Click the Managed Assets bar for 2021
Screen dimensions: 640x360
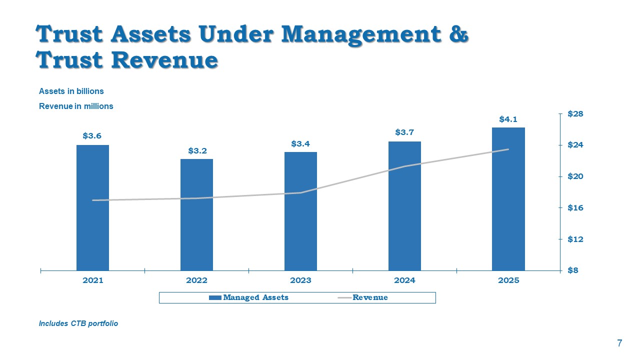point(92,207)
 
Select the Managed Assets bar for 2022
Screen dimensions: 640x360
point(196,215)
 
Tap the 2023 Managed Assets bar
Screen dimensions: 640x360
point(300,211)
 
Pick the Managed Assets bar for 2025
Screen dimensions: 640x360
point(508,199)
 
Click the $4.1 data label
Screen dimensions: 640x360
point(508,119)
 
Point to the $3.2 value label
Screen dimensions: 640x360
point(197,150)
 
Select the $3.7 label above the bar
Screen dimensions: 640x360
point(404,132)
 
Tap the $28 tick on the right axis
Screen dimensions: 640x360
point(575,114)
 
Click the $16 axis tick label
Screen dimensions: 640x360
point(575,207)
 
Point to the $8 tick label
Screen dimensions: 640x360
point(573,270)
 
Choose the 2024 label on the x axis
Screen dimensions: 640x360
point(404,280)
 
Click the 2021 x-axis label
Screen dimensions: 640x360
point(93,280)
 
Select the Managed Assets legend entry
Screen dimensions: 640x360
point(248,297)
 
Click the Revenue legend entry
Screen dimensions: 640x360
point(363,297)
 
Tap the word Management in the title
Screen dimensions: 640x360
point(361,35)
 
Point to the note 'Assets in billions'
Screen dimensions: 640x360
point(71,91)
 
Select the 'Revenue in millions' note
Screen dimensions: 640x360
point(76,106)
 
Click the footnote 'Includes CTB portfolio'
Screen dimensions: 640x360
point(78,323)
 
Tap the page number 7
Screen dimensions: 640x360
point(619,343)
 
